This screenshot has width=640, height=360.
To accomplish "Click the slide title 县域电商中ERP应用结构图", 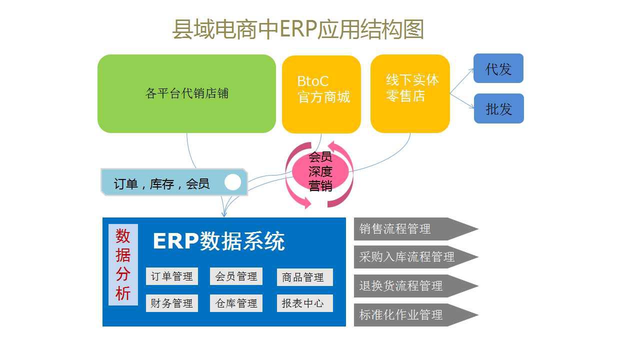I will (298, 29).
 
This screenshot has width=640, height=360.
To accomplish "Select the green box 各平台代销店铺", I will (186, 93).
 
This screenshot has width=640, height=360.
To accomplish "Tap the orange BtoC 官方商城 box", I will (321, 93).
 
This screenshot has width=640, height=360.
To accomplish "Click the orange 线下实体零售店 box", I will (410, 93).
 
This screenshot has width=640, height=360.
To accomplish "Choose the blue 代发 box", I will (498, 68).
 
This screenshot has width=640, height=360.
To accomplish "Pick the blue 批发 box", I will (498, 108).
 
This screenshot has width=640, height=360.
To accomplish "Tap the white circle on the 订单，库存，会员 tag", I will (232, 182).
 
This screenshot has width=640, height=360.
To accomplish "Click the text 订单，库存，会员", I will (161, 184).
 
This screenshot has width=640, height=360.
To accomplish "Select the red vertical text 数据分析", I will (123, 264).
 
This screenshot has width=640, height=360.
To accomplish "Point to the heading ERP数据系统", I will (218, 241).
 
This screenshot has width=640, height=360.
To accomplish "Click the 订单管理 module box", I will (171, 276).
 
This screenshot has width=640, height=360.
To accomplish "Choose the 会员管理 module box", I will (236, 276).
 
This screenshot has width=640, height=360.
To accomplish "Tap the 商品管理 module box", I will (304, 277).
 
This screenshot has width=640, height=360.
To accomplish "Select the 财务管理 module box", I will (171, 303).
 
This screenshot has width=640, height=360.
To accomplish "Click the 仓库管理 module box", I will (236, 303).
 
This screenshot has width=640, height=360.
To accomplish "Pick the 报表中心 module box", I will (304, 303).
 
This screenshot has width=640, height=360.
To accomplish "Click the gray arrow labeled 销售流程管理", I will (410, 229).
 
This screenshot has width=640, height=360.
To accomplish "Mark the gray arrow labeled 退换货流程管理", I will (410, 286).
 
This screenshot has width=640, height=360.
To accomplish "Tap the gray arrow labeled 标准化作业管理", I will (410, 315).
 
